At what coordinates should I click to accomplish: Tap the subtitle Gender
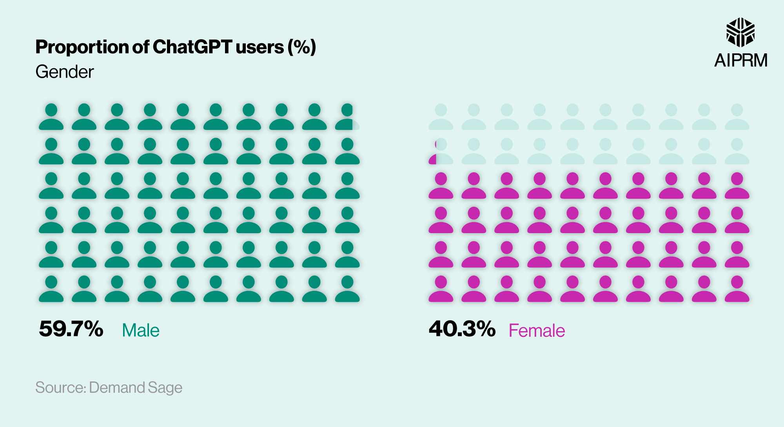[x=65, y=72]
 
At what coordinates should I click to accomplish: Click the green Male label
[x=141, y=331]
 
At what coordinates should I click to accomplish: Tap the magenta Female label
[x=537, y=331]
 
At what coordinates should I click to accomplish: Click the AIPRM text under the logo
[x=740, y=60]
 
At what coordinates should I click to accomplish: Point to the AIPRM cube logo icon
[x=740, y=32]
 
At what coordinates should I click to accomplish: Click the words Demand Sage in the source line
[x=136, y=387]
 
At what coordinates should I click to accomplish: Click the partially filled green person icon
[x=347, y=117]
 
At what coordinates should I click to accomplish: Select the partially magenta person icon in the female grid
[x=441, y=151]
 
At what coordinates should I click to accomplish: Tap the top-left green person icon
[x=51, y=117]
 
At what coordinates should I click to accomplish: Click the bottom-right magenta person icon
[x=737, y=289]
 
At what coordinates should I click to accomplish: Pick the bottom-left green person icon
[x=51, y=289]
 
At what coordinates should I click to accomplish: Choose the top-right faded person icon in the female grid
[x=737, y=117]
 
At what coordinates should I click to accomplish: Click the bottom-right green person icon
[x=347, y=289]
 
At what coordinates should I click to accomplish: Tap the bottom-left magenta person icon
[x=441, y=289]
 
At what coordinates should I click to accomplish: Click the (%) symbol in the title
[x=301, y=47]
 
